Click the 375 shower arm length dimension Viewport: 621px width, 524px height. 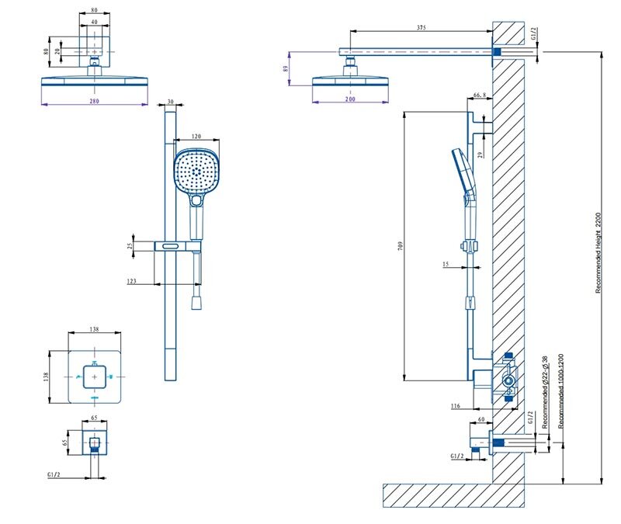(422, 27)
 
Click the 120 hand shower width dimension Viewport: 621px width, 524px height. (196, 136)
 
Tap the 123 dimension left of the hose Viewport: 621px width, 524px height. (132, 281)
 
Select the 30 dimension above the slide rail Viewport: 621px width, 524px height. (171, 102)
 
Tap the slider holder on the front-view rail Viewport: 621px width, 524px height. (179, 246)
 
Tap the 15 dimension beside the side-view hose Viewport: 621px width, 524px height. (446, 265)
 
